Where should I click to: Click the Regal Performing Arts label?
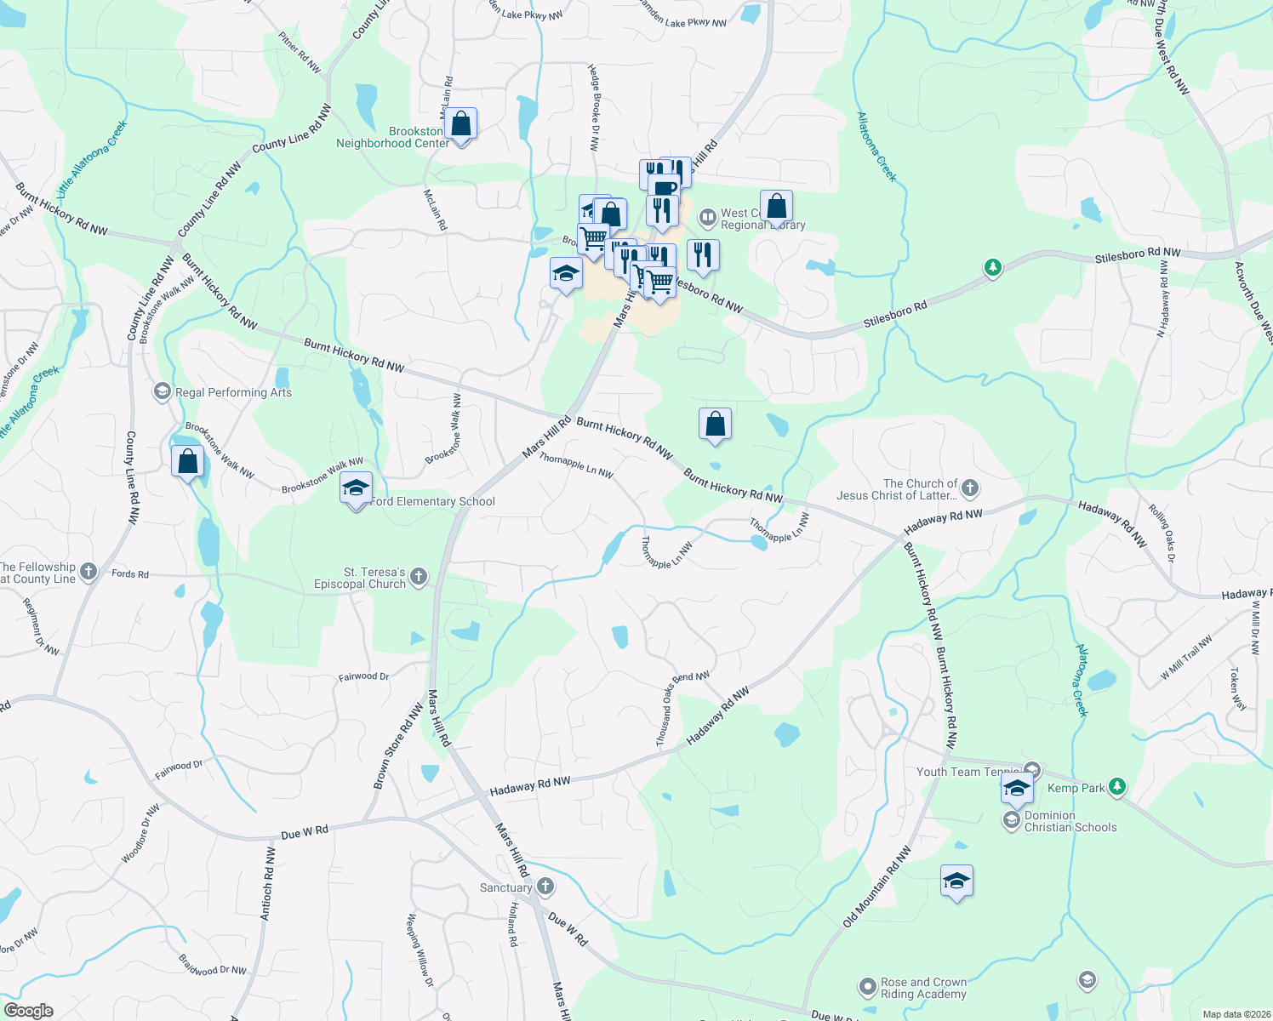click(233, 392)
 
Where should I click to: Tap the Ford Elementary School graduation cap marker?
click(356, 488)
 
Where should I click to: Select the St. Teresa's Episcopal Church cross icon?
click(418, 578)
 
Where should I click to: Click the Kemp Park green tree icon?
click(1118, 788)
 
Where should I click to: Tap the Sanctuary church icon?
click(545, 887)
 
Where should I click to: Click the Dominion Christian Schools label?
click(1070, 821)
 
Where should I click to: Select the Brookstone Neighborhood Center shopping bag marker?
click(460, 124)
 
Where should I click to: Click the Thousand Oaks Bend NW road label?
click(682, 710)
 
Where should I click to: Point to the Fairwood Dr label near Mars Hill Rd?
click(363, 676)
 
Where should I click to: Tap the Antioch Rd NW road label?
click(267, 883)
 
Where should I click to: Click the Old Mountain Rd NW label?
click(876, 887)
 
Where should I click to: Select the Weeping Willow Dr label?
click(420, 950)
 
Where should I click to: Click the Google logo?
click(28, 1011)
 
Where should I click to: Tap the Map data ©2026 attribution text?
click(1234, 1014)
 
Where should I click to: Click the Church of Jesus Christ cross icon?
click(970, 489)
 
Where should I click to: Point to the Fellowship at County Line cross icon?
click(88, 573)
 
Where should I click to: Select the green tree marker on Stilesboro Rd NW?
click(992, 268)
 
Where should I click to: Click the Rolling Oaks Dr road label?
click(1161, 533)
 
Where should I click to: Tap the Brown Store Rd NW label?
click(398, 746)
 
